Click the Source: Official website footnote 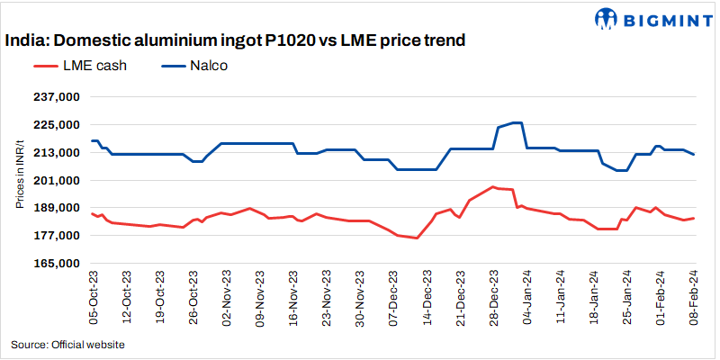pos(67,345)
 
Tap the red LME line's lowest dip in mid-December pos(418,238)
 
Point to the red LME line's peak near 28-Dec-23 pos(493,187)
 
